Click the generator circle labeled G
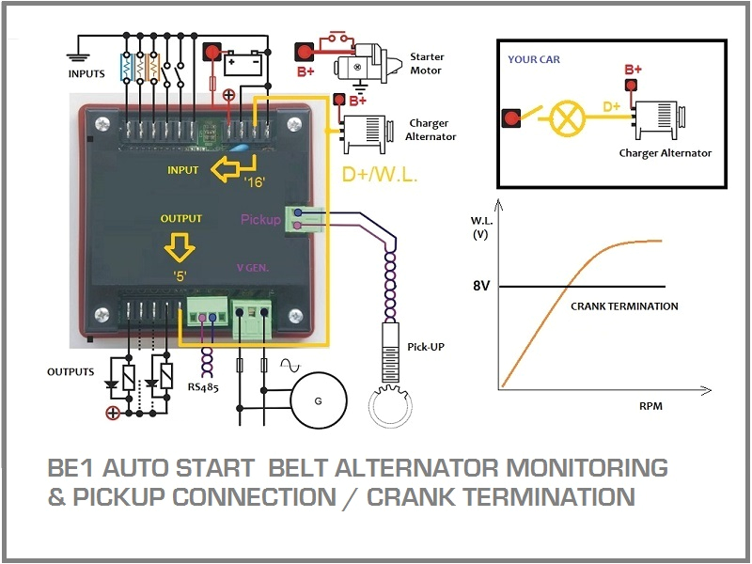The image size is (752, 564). click(x=318, y=401)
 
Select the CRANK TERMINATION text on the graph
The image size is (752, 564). click(x=624, y=306)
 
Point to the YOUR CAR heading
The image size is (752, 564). click(x=535, y=58)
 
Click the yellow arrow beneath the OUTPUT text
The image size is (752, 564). click(x=180, y=247)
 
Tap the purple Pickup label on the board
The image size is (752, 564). click(x=260, y=220)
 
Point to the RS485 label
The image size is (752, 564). click(x=203, y=385)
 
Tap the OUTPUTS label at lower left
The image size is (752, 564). click(x=70, y=372)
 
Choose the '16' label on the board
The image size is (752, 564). click(x=255, y=182)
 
